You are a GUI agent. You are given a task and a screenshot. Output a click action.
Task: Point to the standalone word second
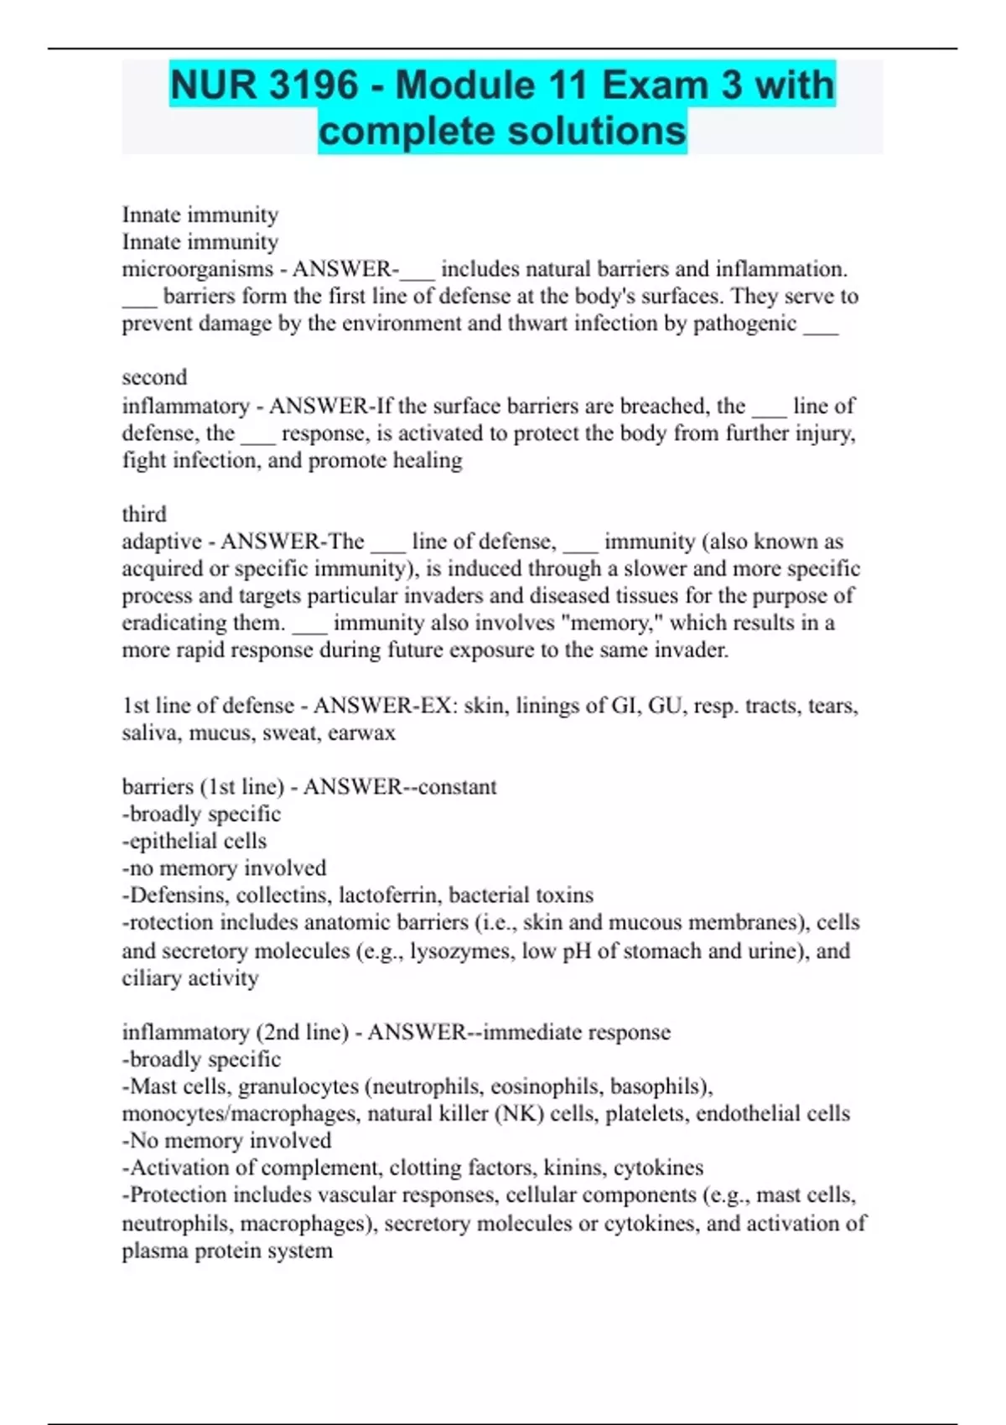click(x=154, y=377)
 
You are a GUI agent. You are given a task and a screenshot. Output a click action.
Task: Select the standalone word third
click(x=144, y=514)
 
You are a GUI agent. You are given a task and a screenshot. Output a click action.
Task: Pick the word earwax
click(x=361, y=733)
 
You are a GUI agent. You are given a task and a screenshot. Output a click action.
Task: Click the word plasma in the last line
click(x=155, y=1251)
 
